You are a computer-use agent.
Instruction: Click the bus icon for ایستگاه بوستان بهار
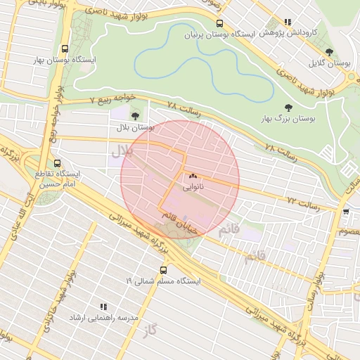point(65,49)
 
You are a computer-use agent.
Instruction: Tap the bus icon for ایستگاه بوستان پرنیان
point(220,22)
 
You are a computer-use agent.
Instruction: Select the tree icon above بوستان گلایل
point(330,51)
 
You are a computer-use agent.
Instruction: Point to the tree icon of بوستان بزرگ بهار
point(286,108)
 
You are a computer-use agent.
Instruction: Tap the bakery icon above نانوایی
point(193,176)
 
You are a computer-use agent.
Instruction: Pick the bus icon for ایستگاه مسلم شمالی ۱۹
point(164,269)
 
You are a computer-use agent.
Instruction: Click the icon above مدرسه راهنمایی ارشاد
point(103,307)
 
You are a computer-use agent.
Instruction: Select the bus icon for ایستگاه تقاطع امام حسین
point(57,163)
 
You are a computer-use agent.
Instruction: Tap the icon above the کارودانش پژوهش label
point(286,22)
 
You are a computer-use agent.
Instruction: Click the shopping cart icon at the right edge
point(345,211)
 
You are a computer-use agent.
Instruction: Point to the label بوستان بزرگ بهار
point(288,120)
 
